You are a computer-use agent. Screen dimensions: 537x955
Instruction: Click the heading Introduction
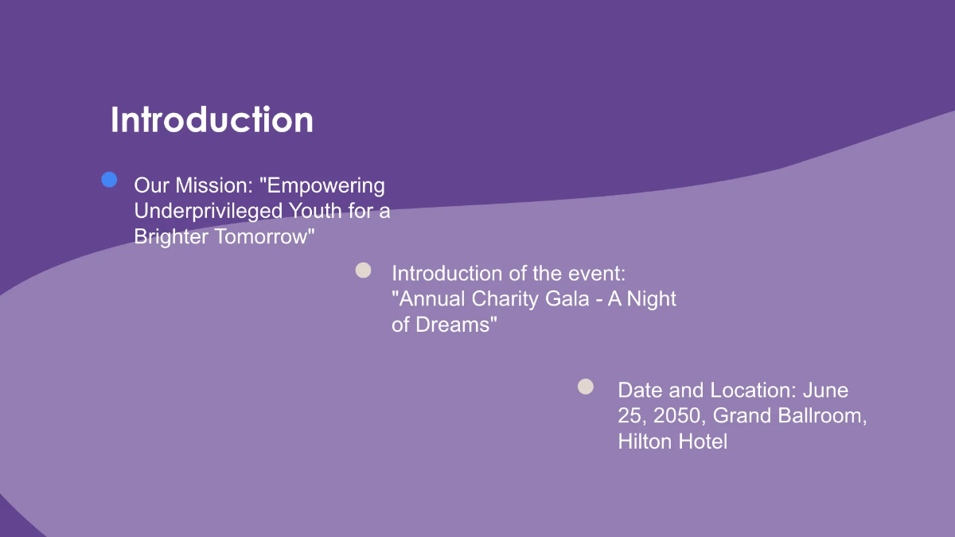coord(212,120)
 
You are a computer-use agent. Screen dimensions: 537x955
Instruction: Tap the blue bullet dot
coord(110,180)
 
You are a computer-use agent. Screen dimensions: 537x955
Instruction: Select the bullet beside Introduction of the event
coord(364,270)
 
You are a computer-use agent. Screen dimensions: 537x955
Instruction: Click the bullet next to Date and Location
coord(586,387)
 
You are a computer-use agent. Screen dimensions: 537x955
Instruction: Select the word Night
coord(649,299)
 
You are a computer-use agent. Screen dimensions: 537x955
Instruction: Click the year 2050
coord(679,415)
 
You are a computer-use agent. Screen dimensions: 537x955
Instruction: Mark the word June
coord(825,390)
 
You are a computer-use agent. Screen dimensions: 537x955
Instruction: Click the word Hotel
coord(702,441)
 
